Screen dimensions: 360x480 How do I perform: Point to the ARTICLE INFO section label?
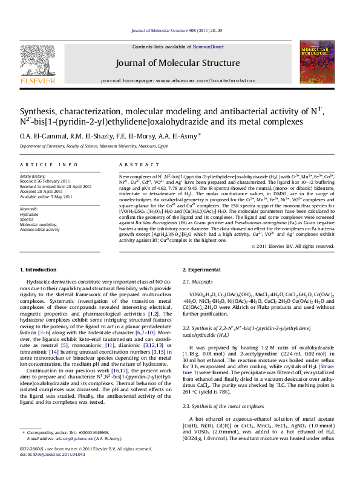pos(48,165)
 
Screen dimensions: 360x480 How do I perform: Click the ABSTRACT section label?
pos(137,165)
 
